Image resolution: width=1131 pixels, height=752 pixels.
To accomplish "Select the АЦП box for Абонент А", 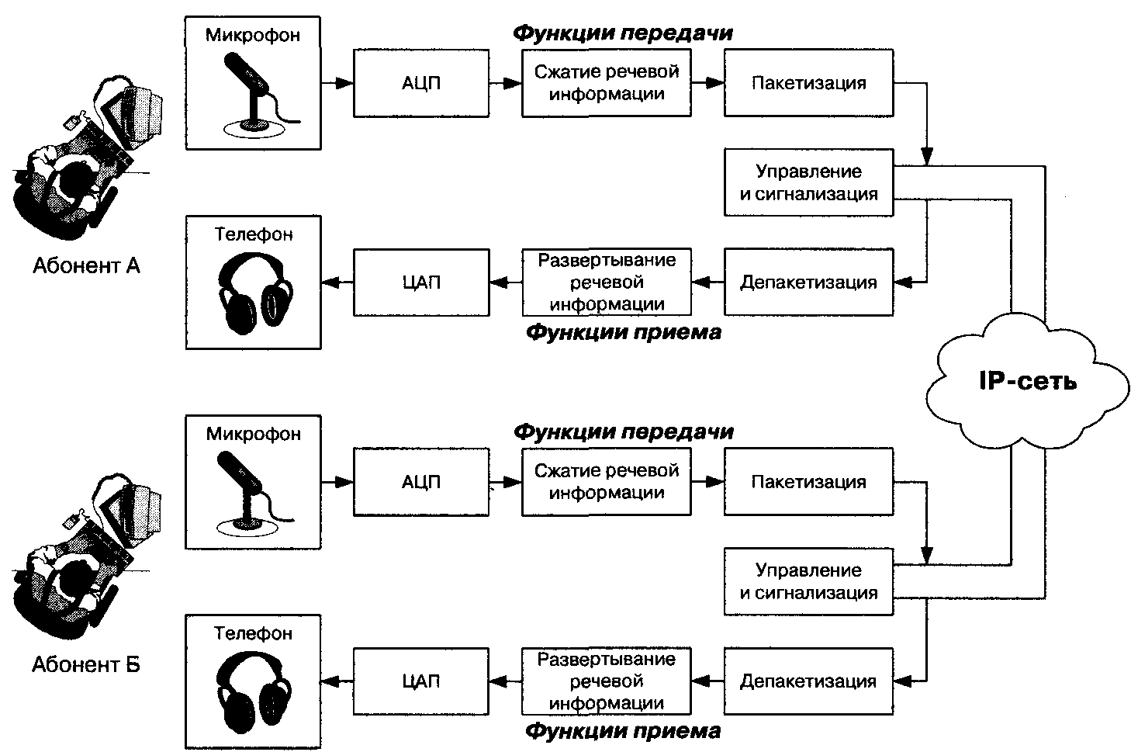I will coord(421,83).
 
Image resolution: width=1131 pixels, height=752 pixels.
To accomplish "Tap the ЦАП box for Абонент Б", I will coord(421,681).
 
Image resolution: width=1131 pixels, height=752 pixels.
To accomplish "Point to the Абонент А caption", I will coord(86,266).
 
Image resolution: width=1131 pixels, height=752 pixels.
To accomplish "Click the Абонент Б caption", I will coord(86,665).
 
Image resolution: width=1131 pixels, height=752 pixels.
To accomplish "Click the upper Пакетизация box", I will coord(808,83).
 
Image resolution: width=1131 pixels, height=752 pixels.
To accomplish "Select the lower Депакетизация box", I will coord(808,681).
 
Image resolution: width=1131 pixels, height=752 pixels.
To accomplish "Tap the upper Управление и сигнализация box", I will coord(808,182).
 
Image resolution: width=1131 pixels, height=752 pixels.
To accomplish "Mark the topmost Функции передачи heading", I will coord(623,33).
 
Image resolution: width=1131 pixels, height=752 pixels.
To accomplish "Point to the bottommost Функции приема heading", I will coord(623,731).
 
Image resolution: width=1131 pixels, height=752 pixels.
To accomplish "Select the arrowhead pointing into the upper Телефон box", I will coord(329,282).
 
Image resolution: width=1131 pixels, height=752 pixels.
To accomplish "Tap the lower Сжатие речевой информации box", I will coord(606,482).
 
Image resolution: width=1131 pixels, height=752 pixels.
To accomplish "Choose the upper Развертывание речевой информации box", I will coord(606,282).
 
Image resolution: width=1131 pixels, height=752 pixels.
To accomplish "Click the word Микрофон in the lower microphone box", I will coord(253,434).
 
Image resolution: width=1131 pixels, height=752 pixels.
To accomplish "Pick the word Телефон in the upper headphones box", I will coord(254,234).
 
